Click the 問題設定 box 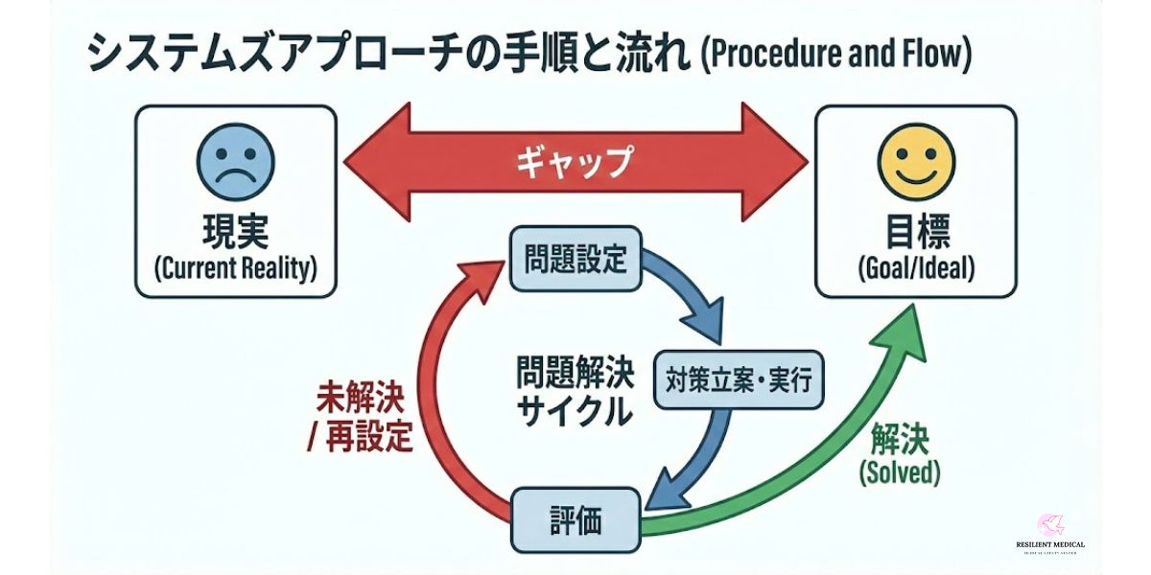tap(575, 259)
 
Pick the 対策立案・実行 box tap(738, 380)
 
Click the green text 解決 tap(900, 440)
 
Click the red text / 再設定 tap(360, 437)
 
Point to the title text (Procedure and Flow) tap(836, 56)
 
